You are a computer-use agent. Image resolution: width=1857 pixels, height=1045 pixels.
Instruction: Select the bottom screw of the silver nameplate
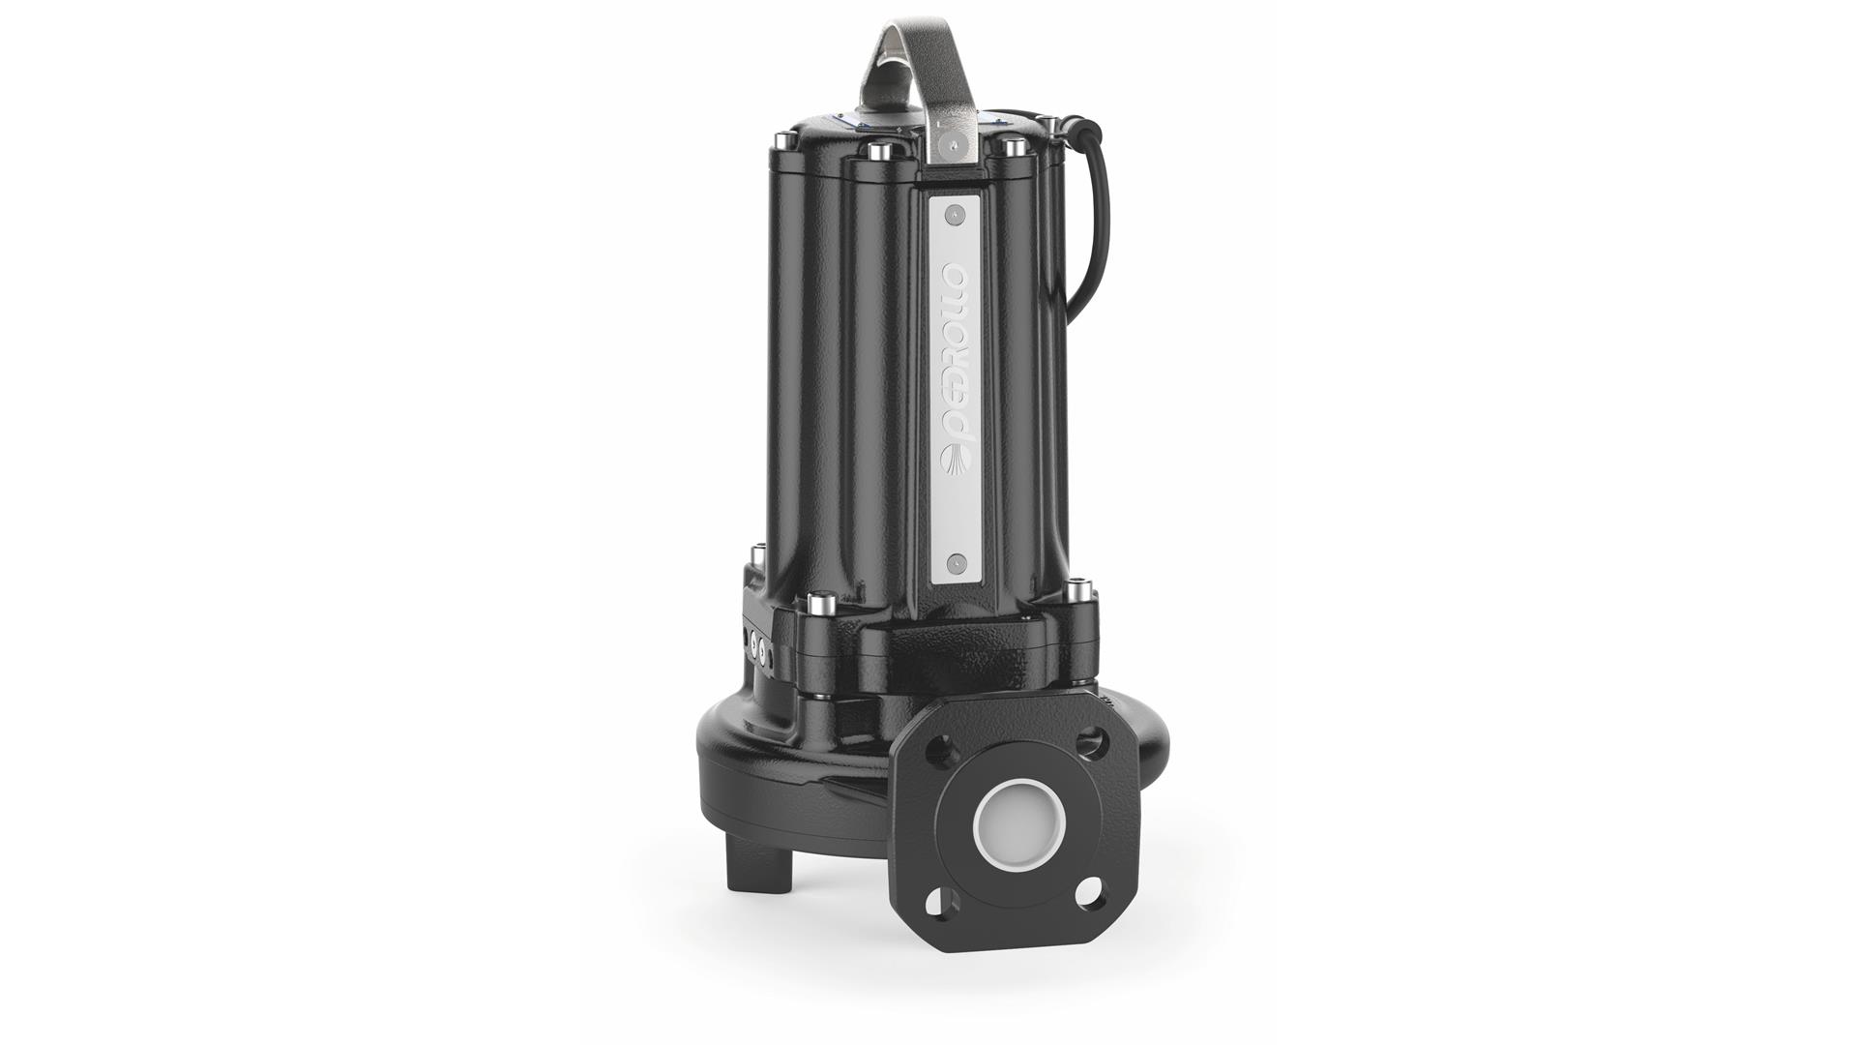[x=956, y=560]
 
